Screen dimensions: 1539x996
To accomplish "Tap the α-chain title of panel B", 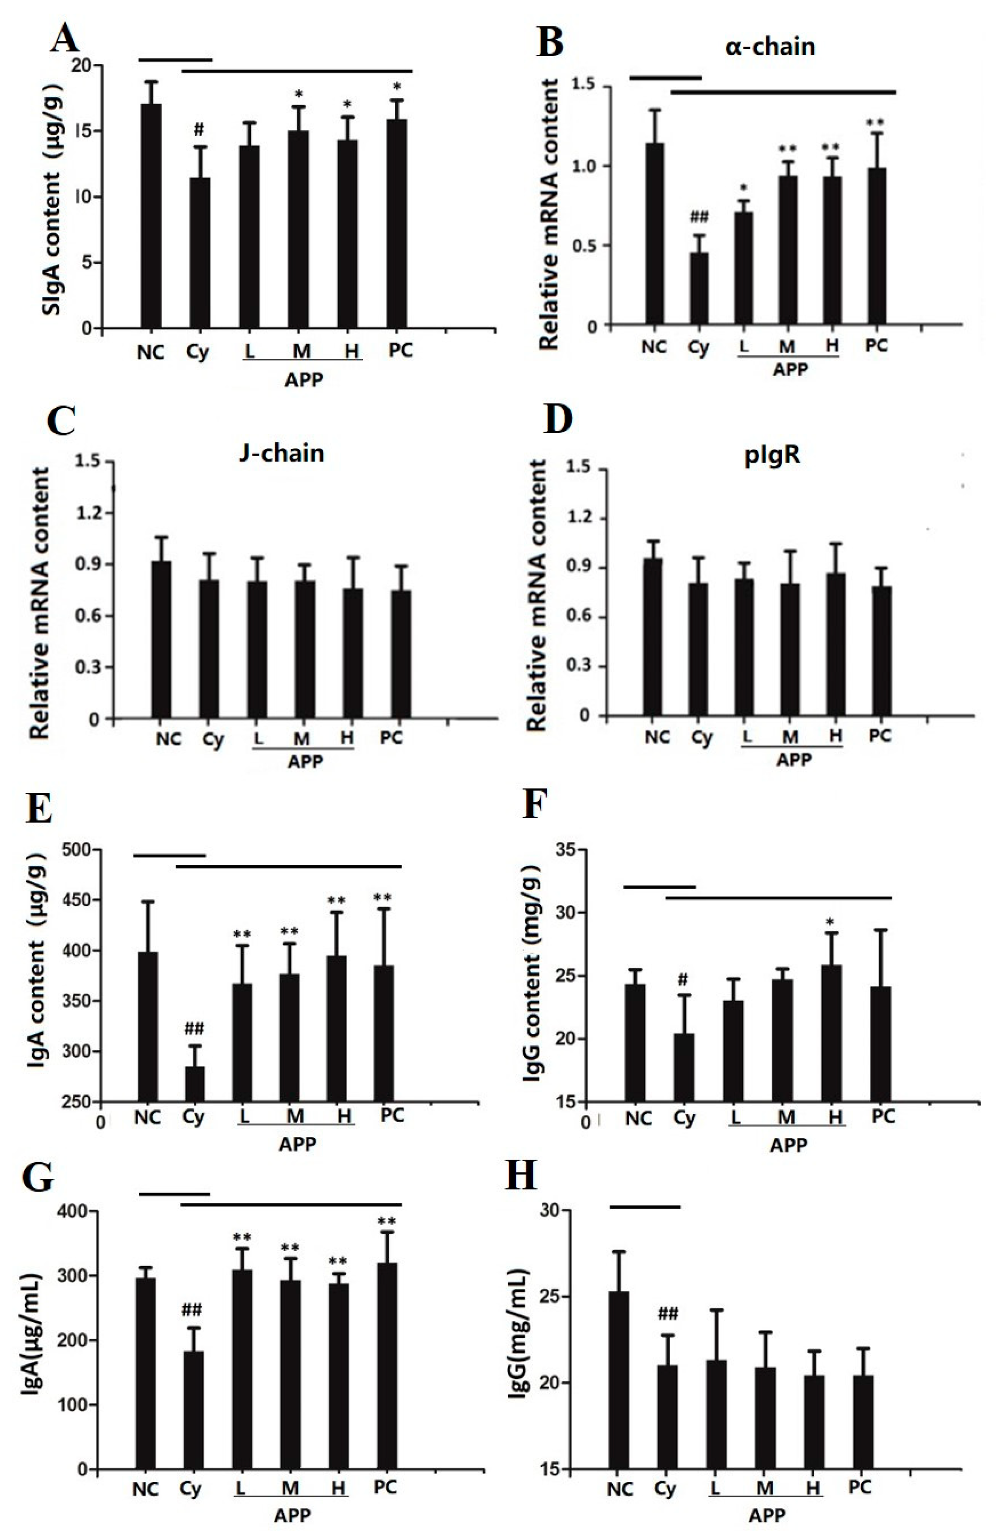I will click(769, 47).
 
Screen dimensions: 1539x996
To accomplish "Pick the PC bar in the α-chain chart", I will click(877, 246).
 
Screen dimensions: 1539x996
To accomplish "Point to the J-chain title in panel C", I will click(280, 452).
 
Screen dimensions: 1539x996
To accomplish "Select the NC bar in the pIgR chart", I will click(653, 637).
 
